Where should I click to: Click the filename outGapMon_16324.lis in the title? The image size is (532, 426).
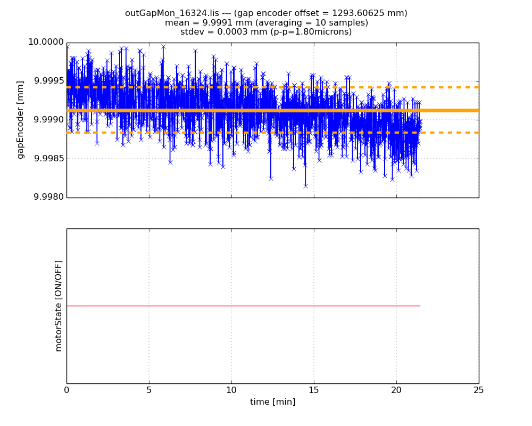pos(166,13)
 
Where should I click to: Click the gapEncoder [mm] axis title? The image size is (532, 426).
pos(21,120)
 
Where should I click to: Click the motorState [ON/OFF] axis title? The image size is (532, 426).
pos(59,306)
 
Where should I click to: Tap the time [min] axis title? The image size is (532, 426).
pos(272,402)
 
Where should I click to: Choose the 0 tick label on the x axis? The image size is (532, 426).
pos(66,390)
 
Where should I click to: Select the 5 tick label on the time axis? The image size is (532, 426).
pos(149,390)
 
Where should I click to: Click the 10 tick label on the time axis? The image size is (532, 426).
pos(231,390)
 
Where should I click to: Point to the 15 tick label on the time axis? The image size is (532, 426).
pos(314,390)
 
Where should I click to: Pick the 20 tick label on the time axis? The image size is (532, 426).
pos(396,390)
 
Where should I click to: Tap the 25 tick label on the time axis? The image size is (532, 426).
pos(479,390)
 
